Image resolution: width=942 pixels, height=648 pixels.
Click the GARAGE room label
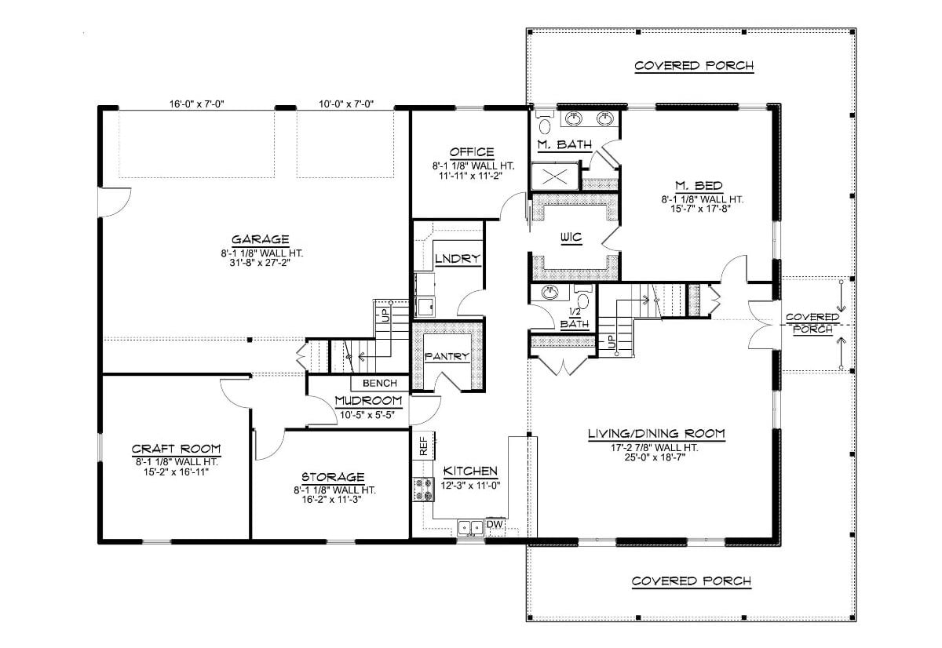pyautogui.click(x=260, y=239)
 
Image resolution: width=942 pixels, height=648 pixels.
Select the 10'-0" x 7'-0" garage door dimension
pyautogui.click(x=345, y=104)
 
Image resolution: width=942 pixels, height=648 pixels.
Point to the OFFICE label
pyautogui.click(x=471, y=152)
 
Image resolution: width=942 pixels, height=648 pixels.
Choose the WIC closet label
pyautogui.click(x=571, y=237)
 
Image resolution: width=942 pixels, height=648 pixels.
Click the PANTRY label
pyautogui.click(x=447, y=356)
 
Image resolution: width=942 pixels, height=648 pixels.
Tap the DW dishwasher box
pyautogui.click(x=495, y=524)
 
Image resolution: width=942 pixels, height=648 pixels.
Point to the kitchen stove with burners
pyautogui.click(x=423, y=490)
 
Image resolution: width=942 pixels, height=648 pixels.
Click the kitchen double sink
pyautogui.click(x=471, y=528)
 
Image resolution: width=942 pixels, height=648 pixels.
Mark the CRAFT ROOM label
pyautogui.click(x=176, y=449)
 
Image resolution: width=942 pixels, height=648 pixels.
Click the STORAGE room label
pyautogui.click(x=332, y=477)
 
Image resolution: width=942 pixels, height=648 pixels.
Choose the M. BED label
pyautogui.click(x=692, y=185)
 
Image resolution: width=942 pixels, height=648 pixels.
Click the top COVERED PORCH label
pyautogui.click(x=694, y=66)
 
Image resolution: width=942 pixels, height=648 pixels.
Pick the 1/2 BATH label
pyautogui.click(x=579, y=318)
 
